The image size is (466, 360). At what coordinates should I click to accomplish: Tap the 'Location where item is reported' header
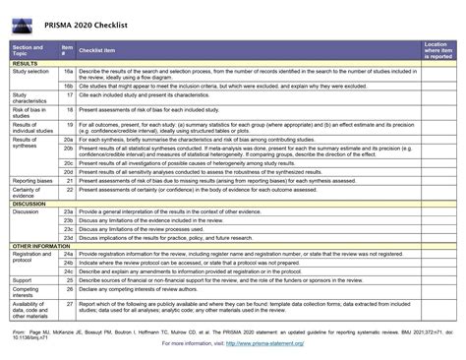(x=437, y=51)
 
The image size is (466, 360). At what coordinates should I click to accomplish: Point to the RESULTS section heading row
(x=27, y=64)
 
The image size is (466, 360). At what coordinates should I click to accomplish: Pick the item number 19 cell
(x=68, y=126)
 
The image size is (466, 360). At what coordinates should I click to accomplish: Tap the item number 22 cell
(x=68, y=191)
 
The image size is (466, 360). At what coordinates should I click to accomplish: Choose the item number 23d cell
(x=68, y=236)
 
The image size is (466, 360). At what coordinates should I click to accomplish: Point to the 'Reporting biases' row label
(x=34, y=182)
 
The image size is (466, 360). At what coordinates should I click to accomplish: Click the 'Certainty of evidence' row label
(x=31, y=194)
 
